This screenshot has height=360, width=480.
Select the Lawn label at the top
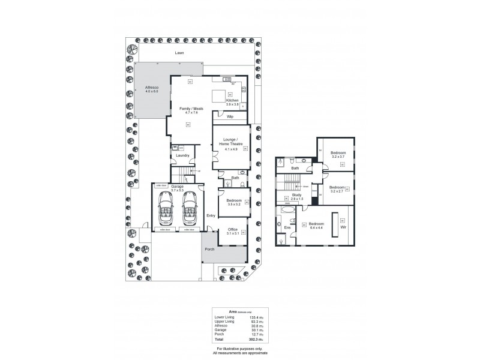[179, 53]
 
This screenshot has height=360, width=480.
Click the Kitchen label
[232, 100]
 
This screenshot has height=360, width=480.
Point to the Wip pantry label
[230, 117]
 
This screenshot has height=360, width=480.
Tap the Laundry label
[183, 155]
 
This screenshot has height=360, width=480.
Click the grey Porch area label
[210, 249]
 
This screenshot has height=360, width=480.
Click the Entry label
[211, 215]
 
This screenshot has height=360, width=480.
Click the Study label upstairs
[297, 194]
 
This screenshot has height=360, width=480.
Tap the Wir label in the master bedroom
[343, 227]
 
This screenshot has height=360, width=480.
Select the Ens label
[287, 227]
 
